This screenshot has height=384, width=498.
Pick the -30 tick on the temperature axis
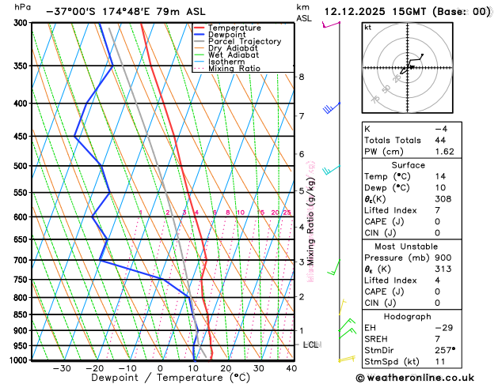coord(61,368)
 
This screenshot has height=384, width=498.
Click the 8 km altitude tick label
coord(301,77)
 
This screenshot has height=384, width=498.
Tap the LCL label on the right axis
coord(311,345)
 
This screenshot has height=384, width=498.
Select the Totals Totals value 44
coord(440,139)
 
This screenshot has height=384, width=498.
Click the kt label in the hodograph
coord(367,28)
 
